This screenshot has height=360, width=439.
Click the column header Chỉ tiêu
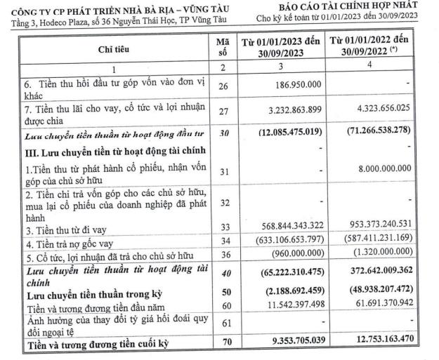(x=112, y=48)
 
